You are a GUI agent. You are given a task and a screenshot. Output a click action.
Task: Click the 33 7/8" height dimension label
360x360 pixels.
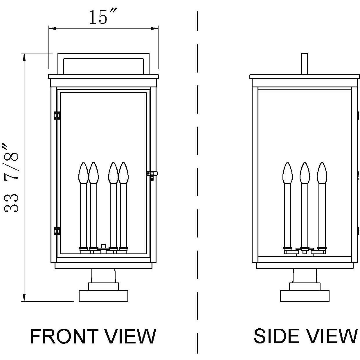(x=12, y=177)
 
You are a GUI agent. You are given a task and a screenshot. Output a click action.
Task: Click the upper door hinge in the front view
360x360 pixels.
(x=57, y=115)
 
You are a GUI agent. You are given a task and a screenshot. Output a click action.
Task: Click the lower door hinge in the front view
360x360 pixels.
(x=57, y=231)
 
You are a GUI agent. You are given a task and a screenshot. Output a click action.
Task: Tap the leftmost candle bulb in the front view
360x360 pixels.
(x=83, y=173)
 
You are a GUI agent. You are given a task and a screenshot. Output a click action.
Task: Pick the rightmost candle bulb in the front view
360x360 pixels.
(x=123, y=173)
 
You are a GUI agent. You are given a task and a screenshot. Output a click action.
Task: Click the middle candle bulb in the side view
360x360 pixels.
(x=305, y=173)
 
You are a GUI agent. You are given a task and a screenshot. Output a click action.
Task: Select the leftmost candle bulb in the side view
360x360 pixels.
(x=287, y=173)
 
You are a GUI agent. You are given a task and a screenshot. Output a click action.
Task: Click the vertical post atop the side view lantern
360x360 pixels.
(x=305, y=64)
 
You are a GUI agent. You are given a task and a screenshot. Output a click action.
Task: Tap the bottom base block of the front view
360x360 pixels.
(x=103, y=296)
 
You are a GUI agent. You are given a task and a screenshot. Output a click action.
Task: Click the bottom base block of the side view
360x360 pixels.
(x=305, y=296)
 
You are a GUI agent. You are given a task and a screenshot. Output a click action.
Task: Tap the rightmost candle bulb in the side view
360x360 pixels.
(x=322, y=173)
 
